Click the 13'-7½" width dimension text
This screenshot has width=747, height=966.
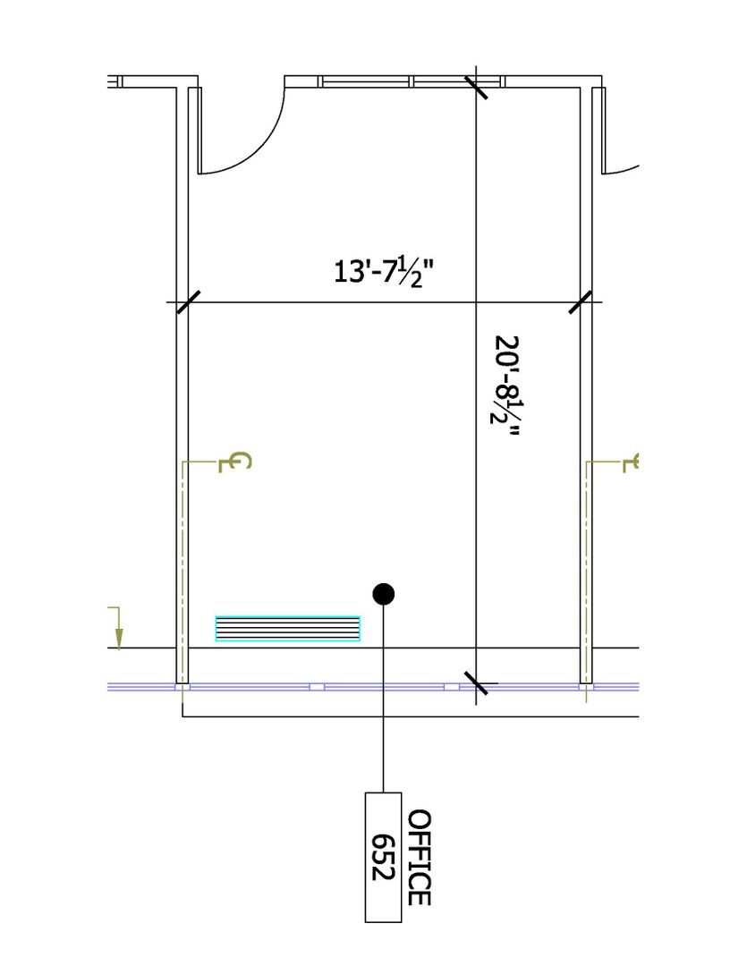click(x=384, y=272)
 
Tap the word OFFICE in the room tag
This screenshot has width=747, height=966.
click(x=419, y=858)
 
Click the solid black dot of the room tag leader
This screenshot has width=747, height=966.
click(x=384, y=594)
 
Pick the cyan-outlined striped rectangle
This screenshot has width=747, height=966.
click(x=288, y=629)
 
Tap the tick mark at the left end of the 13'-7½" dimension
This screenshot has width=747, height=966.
click(x=188, y=302)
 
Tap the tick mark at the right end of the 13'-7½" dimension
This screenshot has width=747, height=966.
click(x=580, y=302)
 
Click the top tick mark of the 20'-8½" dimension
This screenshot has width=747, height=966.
click(x=476, y=88)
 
